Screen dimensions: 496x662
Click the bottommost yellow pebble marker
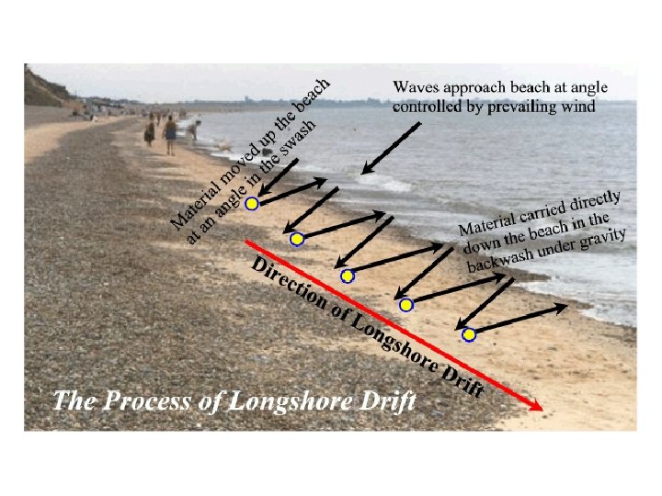[x=469, y=334]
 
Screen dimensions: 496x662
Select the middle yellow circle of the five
[x=347, y=276]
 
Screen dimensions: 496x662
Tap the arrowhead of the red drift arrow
[x=535, y=406]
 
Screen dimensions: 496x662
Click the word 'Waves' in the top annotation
[x=417, y=87]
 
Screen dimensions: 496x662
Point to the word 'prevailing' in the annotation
[x=522, y=106]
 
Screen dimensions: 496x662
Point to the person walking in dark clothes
[x=170, y=135]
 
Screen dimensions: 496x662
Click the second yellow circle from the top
[x=297, y=240]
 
